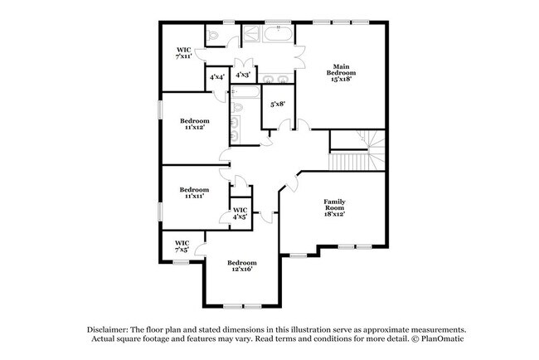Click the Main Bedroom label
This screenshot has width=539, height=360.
pyautogui.click(x=344, y=66)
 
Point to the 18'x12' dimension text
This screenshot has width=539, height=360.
pyautogui.click(x=334, y=214)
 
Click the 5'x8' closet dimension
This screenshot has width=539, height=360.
pyautogui.click(x=278, y=104)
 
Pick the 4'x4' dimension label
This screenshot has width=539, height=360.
pyautogui.click(x=217, y=77)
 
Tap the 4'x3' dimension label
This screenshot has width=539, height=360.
pyautogui.click(x=243, y=75)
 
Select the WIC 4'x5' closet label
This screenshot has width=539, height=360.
pyautogui.click(x=240, y=213)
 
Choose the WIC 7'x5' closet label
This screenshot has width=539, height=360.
pyautogui.click(x=182, y=246)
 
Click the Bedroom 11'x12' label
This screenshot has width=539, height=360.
pyautogui.click(x=195, y=124)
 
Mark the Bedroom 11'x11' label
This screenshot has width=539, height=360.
pyautogui.click(x=194, y=192)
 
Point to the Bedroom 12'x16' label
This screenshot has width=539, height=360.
pyautogui.click(x=241, y=266)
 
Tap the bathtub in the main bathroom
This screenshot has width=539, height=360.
pyautogui.click(x=275, y=36)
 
